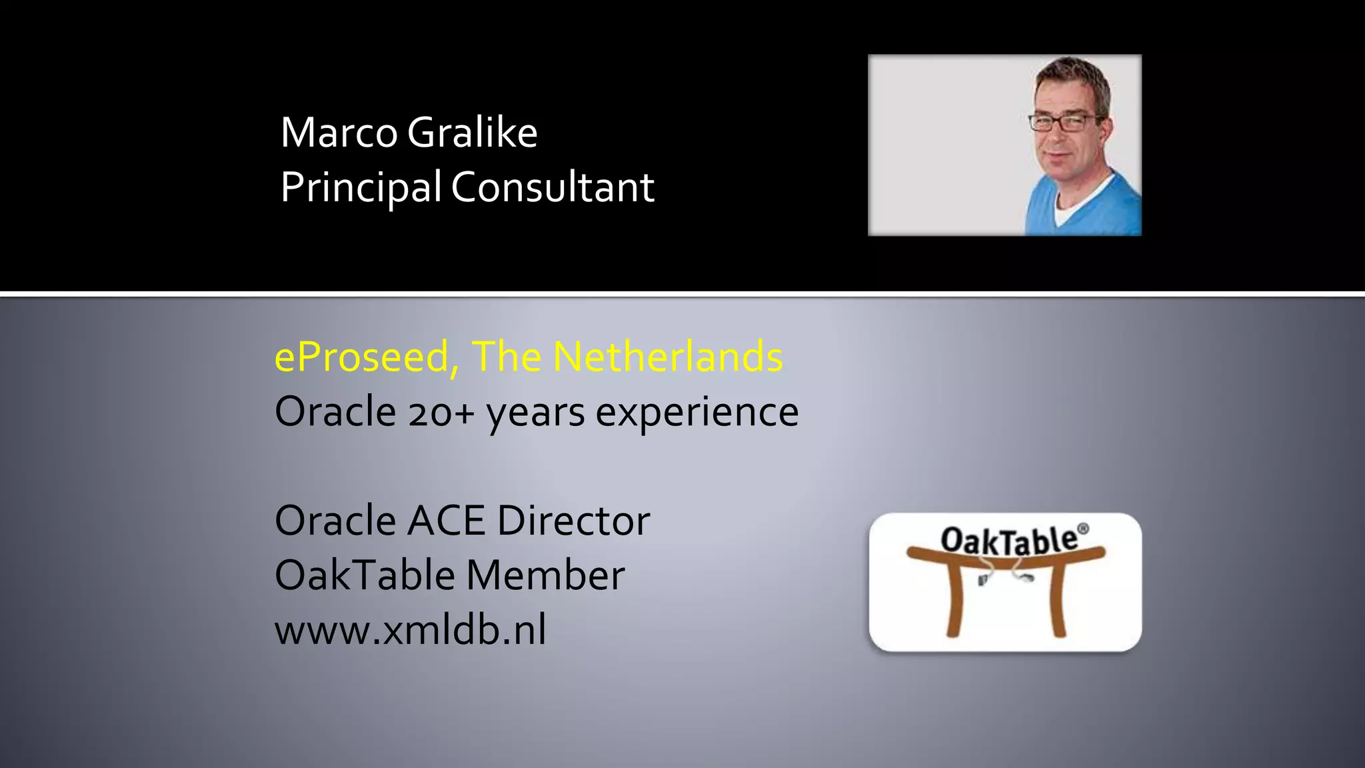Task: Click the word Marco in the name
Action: (339, 133)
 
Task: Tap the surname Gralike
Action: (472, 133)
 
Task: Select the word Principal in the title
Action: (360, 187)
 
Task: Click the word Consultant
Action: (553, 187)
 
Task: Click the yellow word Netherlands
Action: (668, 357)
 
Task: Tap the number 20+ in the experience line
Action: (441, 412)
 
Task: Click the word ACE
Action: (446, 521)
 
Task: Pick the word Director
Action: (573, 521)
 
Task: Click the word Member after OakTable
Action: (545, 575)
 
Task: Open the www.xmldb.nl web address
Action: (410, 630)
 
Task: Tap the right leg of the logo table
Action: (1057, 600)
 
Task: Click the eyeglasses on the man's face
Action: (1064, 123)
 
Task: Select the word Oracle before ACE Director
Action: (335, 521)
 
